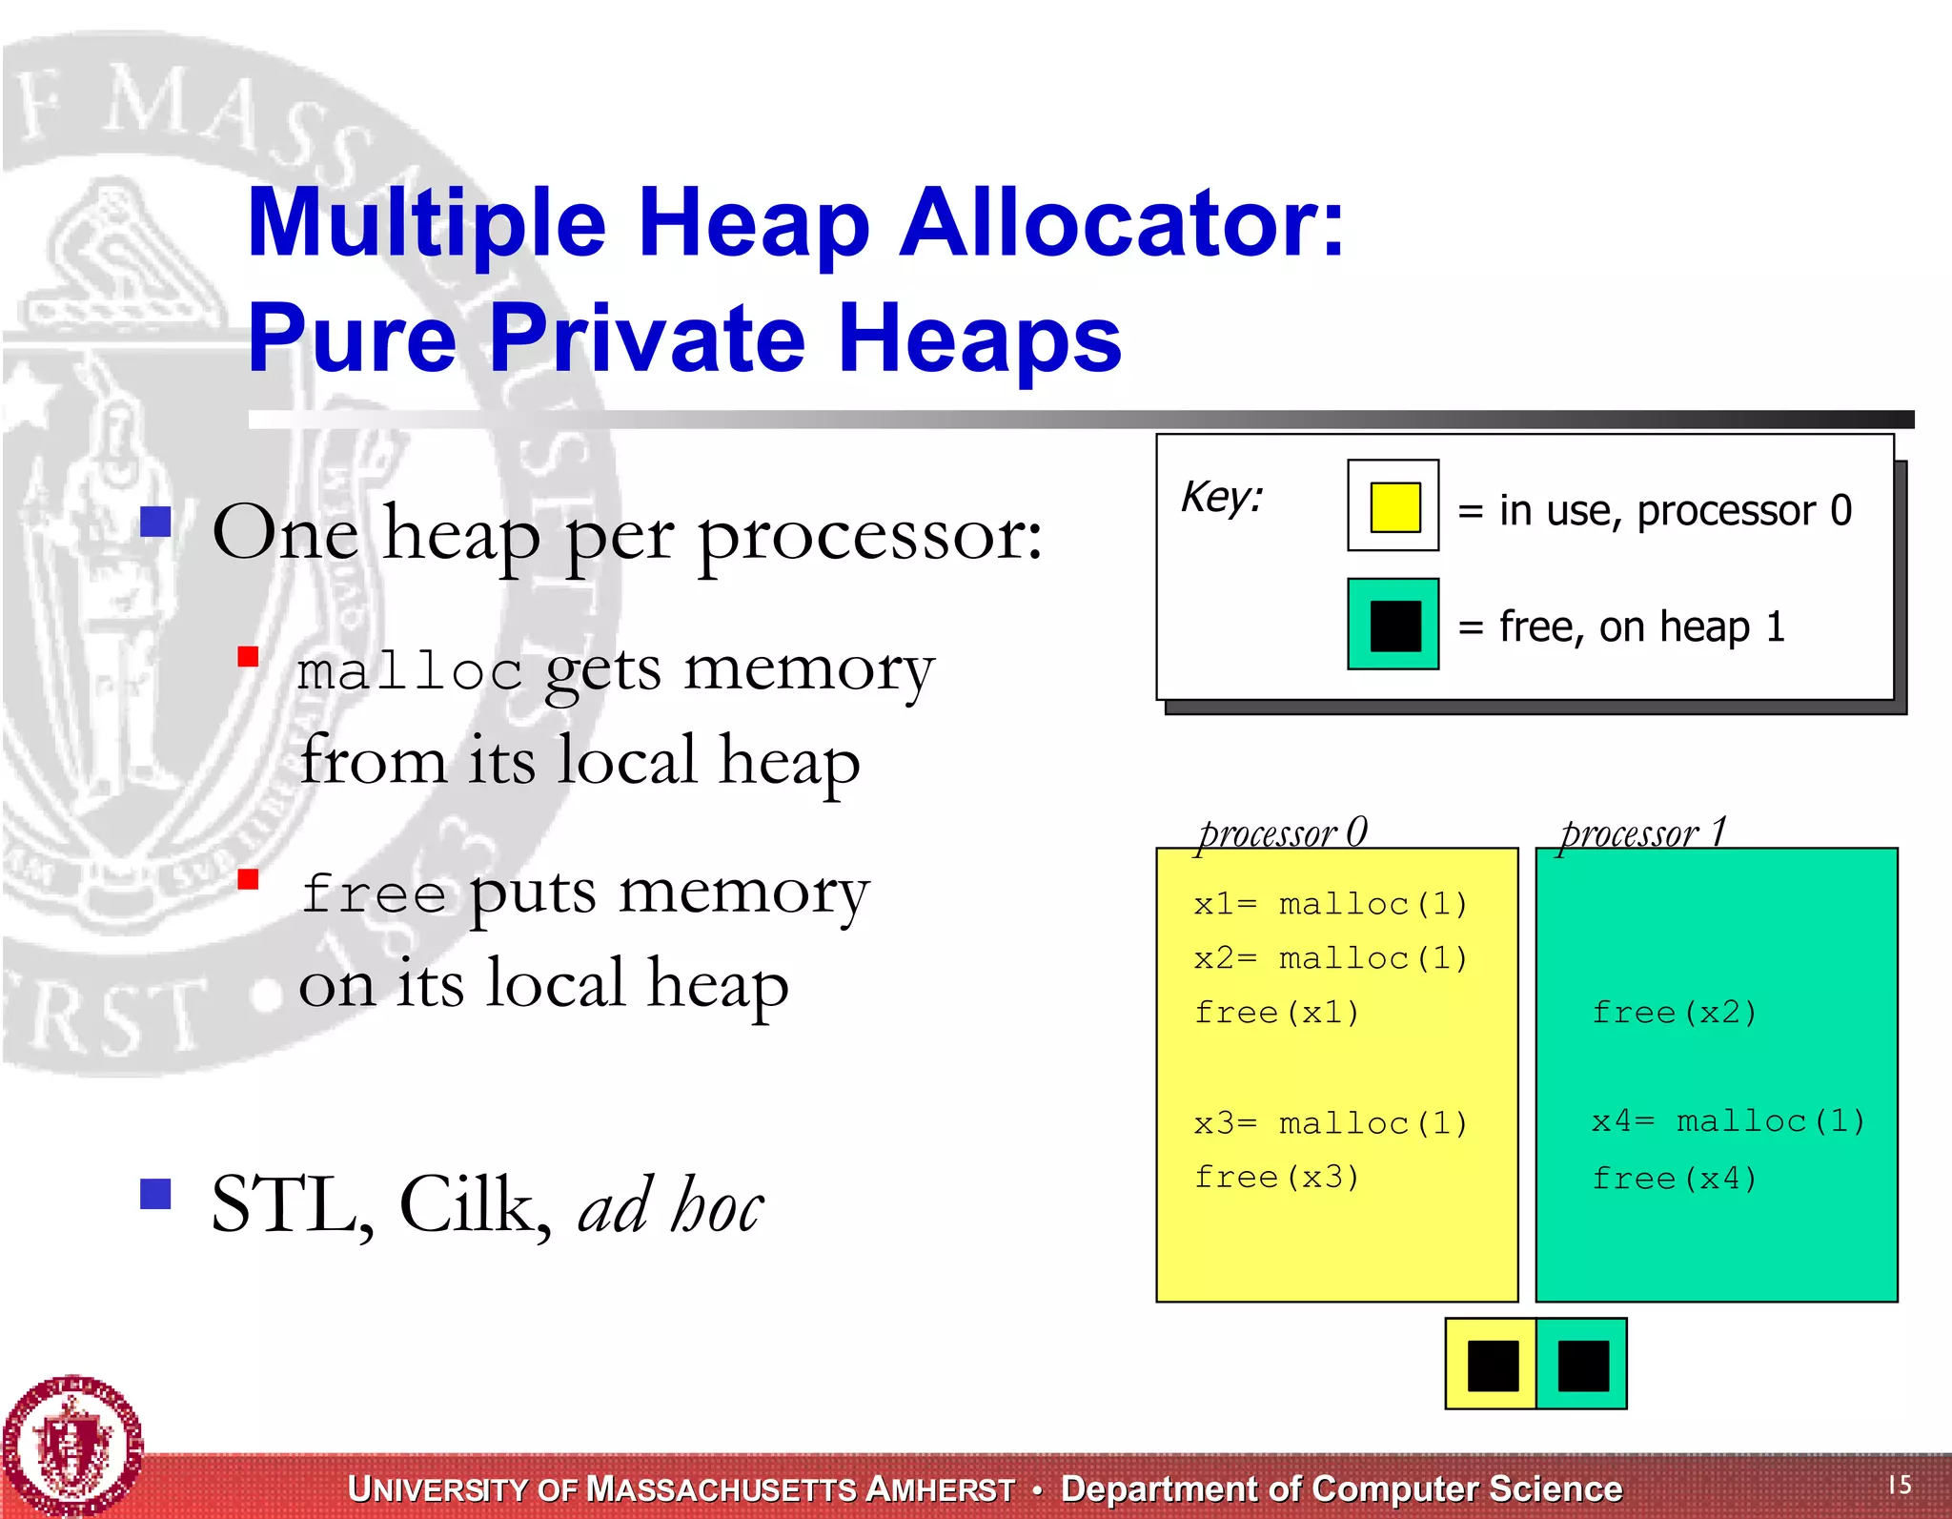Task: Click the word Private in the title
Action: point(648,338)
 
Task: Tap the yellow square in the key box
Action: point(1393,506)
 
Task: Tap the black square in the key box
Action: point(1393,625)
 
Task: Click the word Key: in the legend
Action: point(1221,497)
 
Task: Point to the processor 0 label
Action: point(1282,832)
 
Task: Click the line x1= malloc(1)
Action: point(1330,903)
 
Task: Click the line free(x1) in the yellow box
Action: point(1276,1012)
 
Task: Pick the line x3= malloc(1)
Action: point(1330,1122)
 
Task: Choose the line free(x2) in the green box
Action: point(1674,1012)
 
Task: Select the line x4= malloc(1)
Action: point(1727,1120)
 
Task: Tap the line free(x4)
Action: point(1674,1179)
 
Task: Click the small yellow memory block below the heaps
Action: point(1492,1365)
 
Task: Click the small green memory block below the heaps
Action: point(1582,1365)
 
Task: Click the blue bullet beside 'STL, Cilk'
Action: point(155,1193)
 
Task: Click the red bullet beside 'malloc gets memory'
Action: point(249,656)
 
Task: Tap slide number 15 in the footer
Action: point(1900,1484)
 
